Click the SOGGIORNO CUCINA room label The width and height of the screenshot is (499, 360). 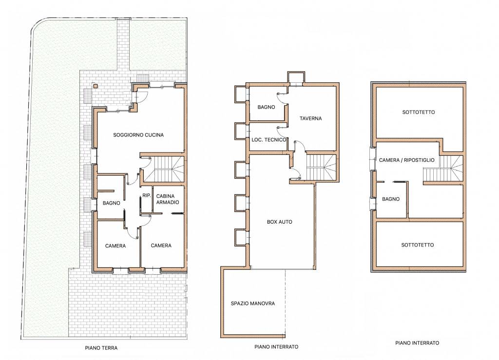(138, 135)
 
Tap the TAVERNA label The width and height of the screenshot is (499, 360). (310, 118)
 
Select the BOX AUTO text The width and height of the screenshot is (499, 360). (279, 222)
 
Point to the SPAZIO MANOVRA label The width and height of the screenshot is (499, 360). (253, 303)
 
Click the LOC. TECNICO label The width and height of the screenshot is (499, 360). (269, 140)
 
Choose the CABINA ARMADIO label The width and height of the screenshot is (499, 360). (168, 199)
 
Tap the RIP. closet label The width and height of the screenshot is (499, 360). (146, 195)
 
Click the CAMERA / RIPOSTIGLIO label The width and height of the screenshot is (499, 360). (406, 160)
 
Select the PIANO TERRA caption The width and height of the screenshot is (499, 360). (101, 348)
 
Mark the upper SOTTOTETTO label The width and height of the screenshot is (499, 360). (419, 112)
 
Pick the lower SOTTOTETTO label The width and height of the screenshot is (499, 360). (417, 245)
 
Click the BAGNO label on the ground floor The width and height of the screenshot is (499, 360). (112, 203)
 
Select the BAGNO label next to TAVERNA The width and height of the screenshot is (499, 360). (266, 107)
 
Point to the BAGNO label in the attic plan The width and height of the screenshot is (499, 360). (390, 199)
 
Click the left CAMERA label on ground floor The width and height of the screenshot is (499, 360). (115, 246)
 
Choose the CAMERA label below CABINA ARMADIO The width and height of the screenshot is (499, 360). (161, 246)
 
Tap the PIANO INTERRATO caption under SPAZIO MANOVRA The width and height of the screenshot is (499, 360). (276, 347)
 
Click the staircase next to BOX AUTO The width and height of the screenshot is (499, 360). (321, 167)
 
